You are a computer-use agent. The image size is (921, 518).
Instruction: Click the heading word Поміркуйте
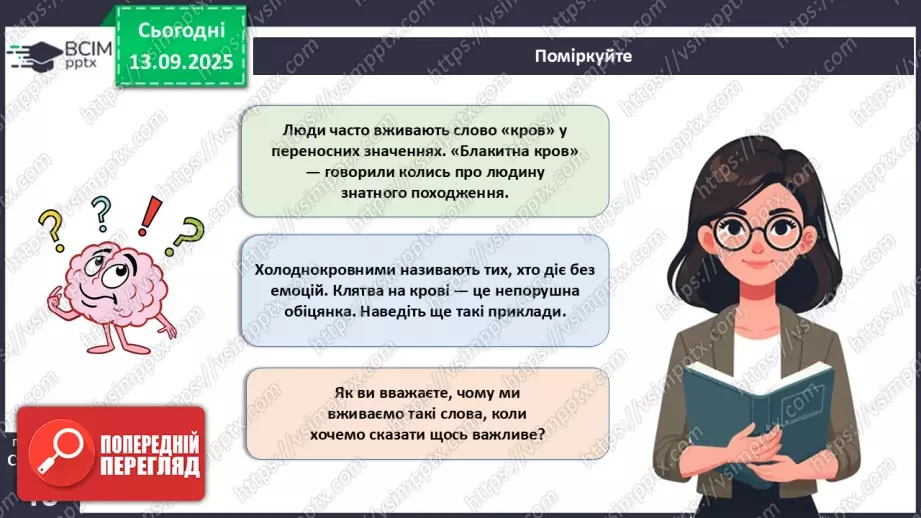(x=583, y=56)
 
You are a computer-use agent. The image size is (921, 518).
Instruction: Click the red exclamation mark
(x=150, y=214)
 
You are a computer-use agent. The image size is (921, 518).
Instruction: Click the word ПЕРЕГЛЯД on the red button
(x=147, y=466)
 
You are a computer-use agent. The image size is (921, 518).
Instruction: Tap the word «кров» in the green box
(x=524, y=131)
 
